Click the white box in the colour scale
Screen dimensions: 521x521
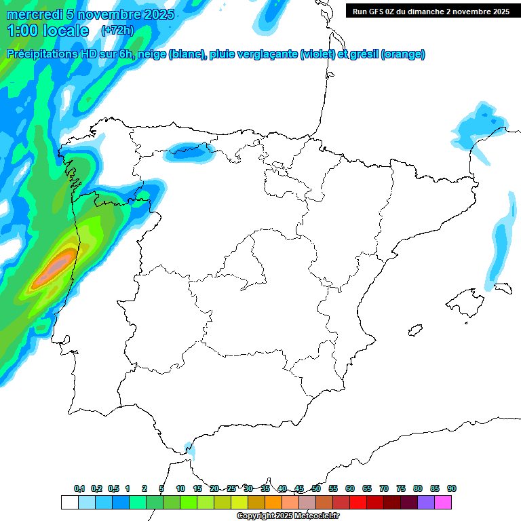coord(69,502)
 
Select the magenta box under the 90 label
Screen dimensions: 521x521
coord(443,502)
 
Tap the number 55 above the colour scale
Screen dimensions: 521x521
coord(333,488)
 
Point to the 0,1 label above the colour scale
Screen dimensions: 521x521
coord(79,488)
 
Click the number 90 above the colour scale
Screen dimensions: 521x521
coord(452,488)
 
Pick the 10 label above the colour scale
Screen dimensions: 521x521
coord(180,488)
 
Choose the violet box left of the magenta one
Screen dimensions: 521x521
coord(426,502)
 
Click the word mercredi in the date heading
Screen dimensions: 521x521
coord(34,14)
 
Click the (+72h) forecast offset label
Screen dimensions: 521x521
coord(117,31)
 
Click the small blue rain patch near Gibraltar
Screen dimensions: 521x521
coord(191,448)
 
